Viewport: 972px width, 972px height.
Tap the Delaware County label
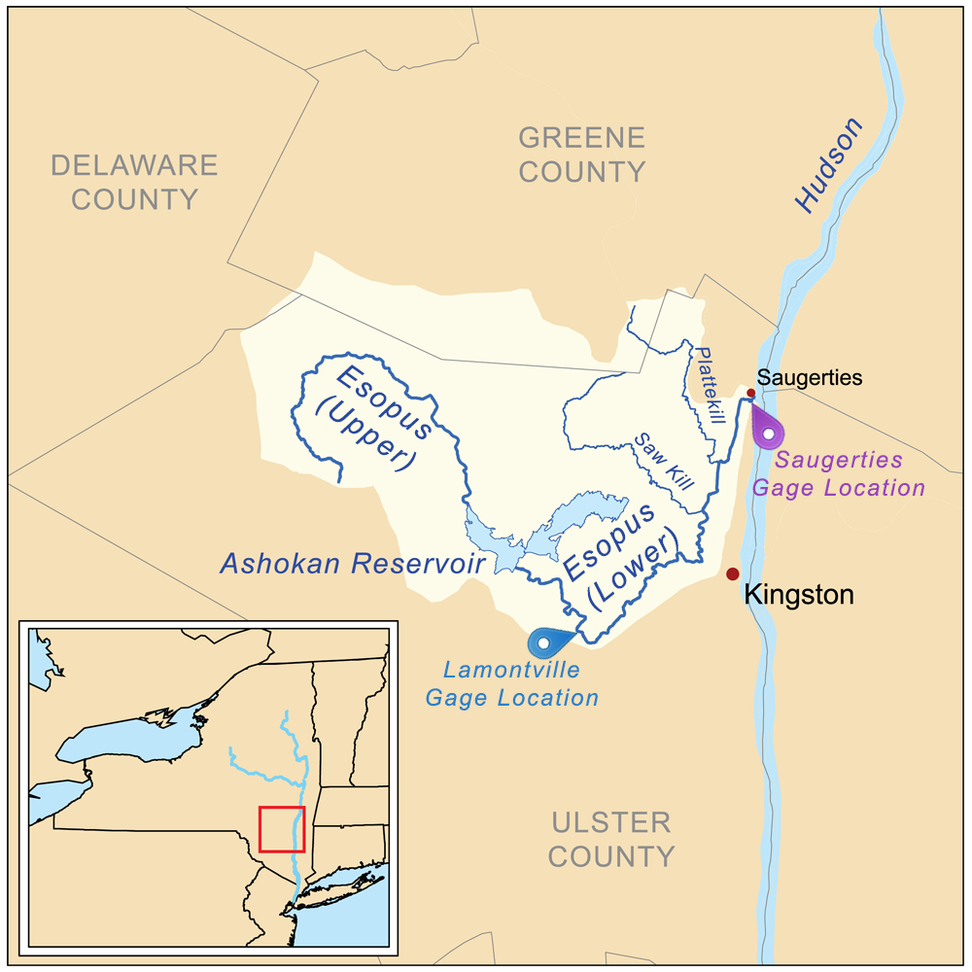click(x=134, y=182)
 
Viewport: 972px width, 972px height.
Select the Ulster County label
click(x=611, y=840)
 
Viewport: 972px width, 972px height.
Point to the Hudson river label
click(x=828, y=164)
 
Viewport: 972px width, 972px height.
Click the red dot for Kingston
click(x=733, y=574)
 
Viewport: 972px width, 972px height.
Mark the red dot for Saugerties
click(x=750, y=393)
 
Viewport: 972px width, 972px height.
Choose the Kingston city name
click(x=799, y=595)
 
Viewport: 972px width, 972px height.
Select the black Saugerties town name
click(x=810, y=378)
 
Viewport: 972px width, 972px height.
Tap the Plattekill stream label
click(x=709, y=385)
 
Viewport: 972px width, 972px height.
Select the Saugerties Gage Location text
click(x=839, y=473)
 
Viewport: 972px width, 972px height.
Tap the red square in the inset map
click(x=282, y=829)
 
